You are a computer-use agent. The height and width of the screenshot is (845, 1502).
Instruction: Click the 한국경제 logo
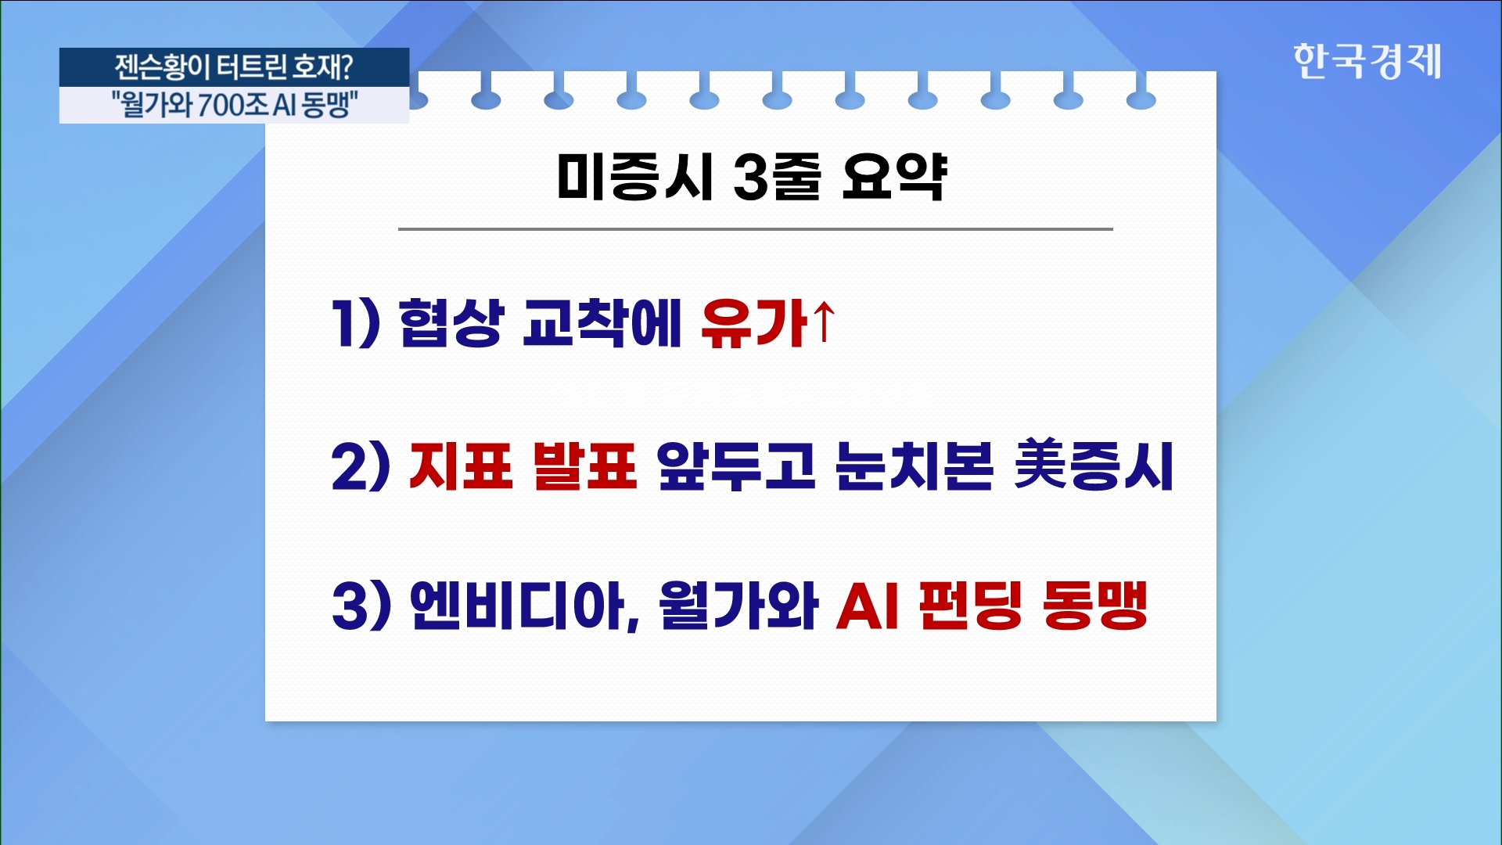coord(1367,61)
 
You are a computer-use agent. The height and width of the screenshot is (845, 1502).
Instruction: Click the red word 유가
coord(754,323)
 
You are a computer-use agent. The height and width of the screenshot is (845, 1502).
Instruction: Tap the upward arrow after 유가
coord(824,322)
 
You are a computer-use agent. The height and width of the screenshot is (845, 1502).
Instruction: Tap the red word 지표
coord(460,466)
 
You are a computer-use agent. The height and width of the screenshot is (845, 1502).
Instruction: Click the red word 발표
coord(584,466)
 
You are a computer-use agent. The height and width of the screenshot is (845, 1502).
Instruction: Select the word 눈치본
coord(914,466)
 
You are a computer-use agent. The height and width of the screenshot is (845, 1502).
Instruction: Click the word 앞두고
coord(736,466)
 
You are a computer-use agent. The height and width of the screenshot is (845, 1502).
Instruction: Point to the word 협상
coord(450,323)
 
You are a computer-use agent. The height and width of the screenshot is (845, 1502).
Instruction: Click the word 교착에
coord(602,323)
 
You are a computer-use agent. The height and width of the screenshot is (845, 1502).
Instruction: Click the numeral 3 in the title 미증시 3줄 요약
coord(750,177)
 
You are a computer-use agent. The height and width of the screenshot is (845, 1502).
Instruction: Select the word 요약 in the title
coord(893,177)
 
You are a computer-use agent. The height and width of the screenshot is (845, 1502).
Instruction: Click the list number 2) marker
coord(360,466)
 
